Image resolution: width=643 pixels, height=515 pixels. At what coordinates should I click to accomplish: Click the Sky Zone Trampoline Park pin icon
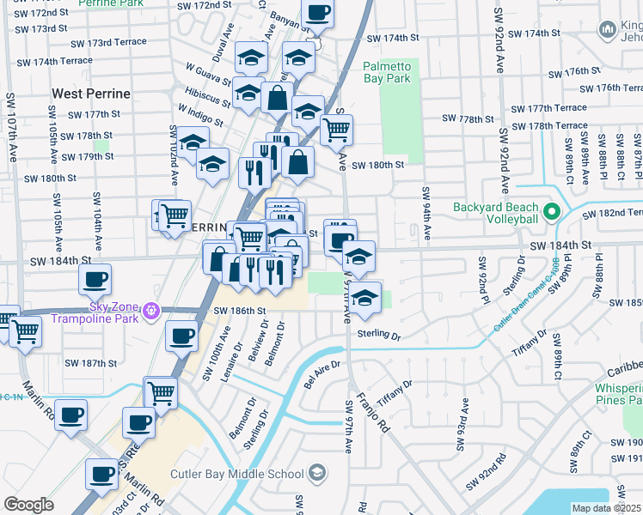(x=152, y=310)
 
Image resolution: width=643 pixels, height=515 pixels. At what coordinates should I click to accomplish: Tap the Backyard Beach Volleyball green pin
(x=552, y=211)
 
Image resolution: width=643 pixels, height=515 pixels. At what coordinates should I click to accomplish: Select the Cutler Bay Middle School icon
(x=317, y=474)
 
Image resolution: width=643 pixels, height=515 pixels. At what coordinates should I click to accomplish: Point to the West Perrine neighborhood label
(x=91, y=93)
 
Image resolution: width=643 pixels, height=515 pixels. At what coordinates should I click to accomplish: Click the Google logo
(x=28, y=505)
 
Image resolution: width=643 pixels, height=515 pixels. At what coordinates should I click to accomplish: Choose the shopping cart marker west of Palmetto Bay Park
(x=336, y=130)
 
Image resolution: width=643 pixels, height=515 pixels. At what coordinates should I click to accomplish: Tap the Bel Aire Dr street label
(x=323, y=369)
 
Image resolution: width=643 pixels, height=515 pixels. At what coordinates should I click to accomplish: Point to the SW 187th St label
(x=94, y=363)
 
